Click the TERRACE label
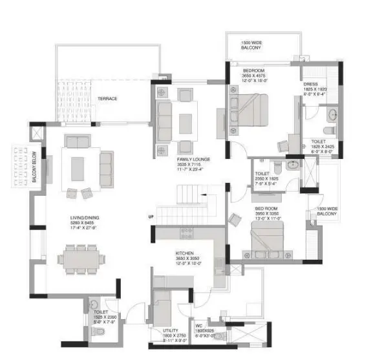pyautogui.click(x=107, y=98)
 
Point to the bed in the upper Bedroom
pyautogui.click(x=249, y=105)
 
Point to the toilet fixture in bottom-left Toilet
pyautogui.click(x=98, y=329)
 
